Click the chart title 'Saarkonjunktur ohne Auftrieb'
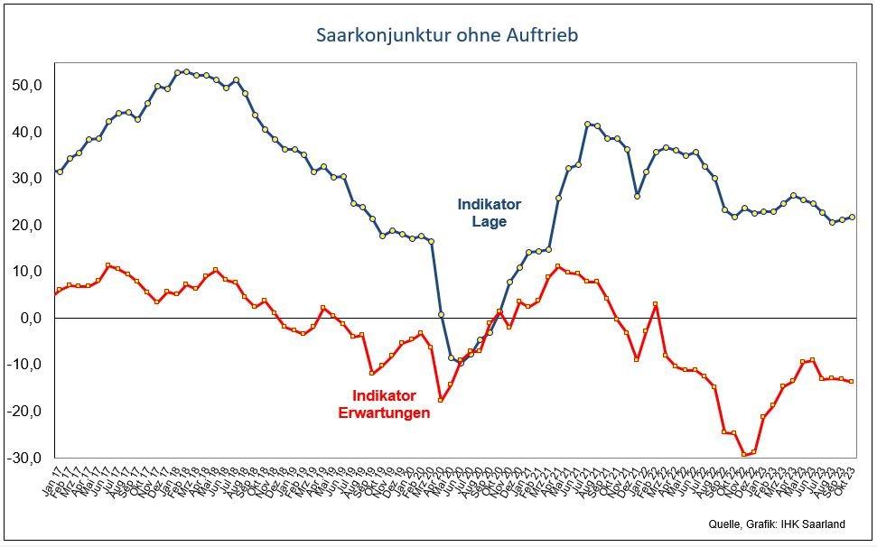[x=447, y=36]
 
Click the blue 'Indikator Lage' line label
[x=489, y=212]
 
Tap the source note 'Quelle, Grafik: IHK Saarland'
[x=774, y=524]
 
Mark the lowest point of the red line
[x=743, y=454]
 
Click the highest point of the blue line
[x=186, y=71]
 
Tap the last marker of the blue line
[x=852, y=217]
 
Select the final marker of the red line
[x=852, y=382]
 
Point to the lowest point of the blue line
[x=461, y=363]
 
